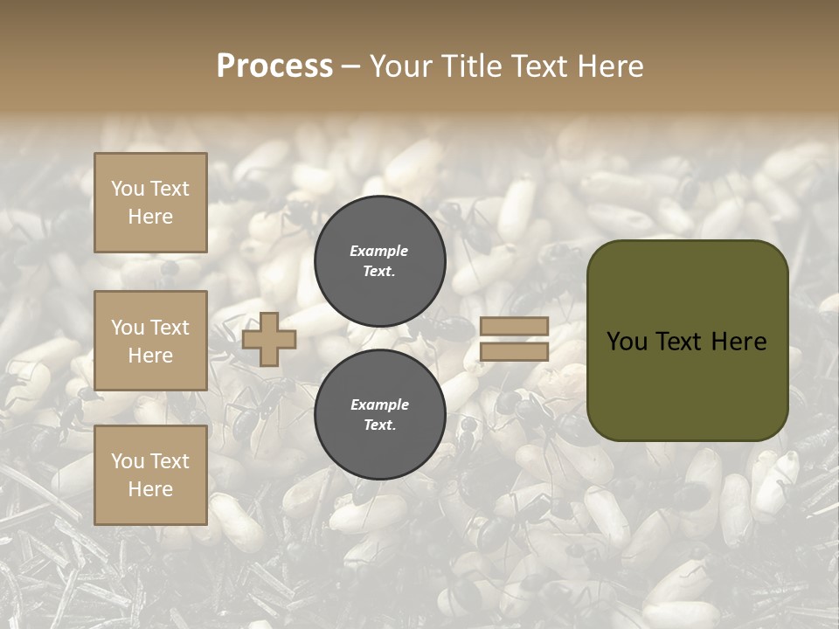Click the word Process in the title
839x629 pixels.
(274, 66)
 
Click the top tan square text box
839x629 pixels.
(150, 203)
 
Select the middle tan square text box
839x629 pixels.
(150, 341)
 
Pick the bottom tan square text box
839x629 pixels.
(150, 475)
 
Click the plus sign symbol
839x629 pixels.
(269, 339)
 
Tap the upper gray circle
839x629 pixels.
(379, 261)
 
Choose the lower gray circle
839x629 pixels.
(379, 415)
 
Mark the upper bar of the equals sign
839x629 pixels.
(514, 327)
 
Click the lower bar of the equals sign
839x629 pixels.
(514, 352)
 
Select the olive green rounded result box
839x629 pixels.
(687, 341)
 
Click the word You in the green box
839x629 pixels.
(627, 342)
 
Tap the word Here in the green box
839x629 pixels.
(738, 342)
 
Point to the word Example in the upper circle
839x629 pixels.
(379, 251)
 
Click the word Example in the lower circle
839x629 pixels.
(379, 404)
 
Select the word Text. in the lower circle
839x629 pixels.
(379, 425)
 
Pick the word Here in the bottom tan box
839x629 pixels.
(150, 489)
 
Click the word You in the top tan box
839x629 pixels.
(128, 189)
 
